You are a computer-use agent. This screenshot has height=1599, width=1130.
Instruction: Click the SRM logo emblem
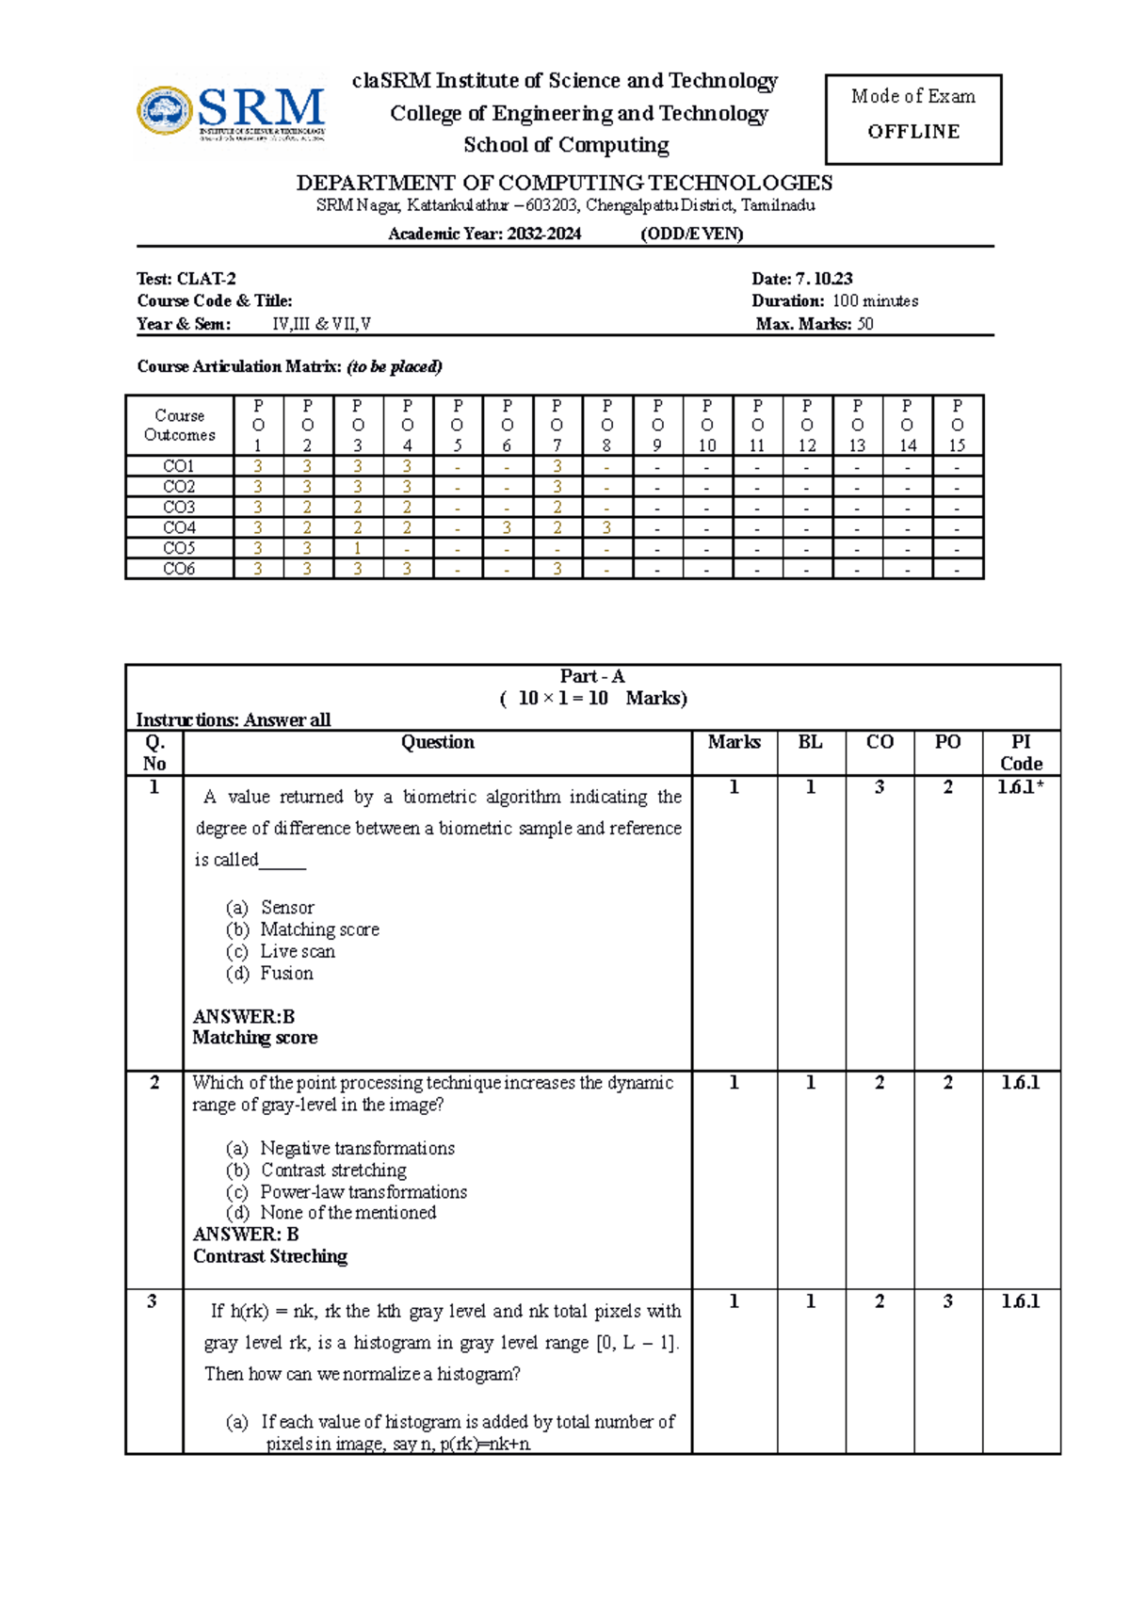166,111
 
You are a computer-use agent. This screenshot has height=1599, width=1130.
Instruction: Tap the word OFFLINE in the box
913,132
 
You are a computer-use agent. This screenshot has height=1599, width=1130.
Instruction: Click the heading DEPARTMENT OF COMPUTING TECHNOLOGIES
564,183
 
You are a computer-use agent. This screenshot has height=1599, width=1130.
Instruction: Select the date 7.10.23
824,279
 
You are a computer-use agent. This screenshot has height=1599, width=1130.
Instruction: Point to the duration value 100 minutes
875,301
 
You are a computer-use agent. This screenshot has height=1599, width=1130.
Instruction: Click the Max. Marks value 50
865,324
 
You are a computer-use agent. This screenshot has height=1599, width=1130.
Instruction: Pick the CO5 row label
179,548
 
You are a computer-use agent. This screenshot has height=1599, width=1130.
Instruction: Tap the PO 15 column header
957,426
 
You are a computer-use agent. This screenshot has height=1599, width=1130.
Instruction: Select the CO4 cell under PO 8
607,527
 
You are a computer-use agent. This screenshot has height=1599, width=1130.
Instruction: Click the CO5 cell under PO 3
358,548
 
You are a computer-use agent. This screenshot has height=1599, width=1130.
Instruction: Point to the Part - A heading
592,676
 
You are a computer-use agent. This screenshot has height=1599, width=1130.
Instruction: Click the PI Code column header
1021,752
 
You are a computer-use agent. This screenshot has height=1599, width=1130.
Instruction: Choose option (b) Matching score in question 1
319,929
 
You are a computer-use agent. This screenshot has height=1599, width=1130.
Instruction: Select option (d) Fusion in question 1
286,973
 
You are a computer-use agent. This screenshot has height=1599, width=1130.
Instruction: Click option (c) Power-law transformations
363,1191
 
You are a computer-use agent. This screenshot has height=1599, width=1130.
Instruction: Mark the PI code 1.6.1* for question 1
1021,787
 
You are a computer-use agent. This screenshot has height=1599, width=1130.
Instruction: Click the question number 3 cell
153,1301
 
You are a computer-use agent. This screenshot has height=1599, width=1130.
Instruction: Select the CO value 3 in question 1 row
880,787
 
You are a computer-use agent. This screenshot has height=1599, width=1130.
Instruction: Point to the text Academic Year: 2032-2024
484,234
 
